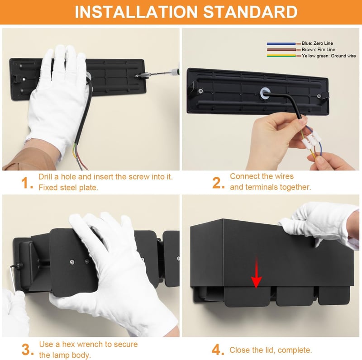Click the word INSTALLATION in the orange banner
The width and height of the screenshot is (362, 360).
pos(136,12)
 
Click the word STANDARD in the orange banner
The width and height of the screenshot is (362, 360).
pos(250,12)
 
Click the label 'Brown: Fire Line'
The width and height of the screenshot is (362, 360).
pos(319,49)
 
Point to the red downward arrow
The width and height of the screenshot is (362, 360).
pos(256,272)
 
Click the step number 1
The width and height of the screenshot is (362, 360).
pos(27,183)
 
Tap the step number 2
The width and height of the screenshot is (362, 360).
pos(218,183)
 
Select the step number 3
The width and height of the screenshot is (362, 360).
pos(28,350)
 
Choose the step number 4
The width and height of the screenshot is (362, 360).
pos(218,350)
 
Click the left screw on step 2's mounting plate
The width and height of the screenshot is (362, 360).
pos(200,91)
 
